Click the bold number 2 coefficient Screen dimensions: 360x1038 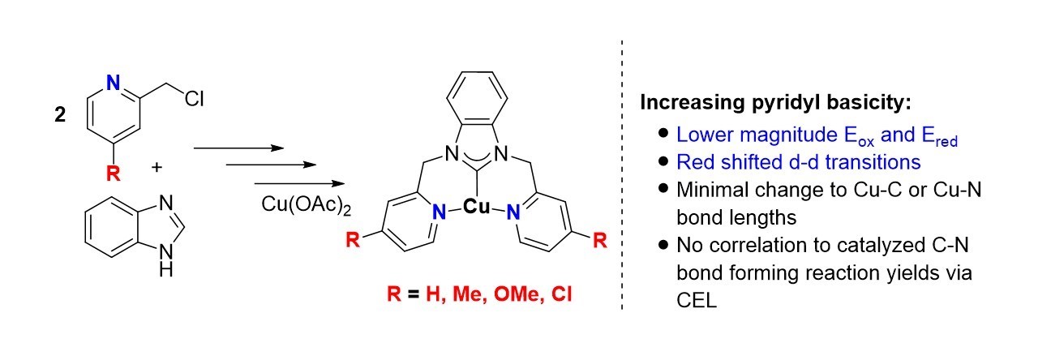point(60,116)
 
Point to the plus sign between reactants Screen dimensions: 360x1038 point(157,168)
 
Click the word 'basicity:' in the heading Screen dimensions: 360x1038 point(810,104)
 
